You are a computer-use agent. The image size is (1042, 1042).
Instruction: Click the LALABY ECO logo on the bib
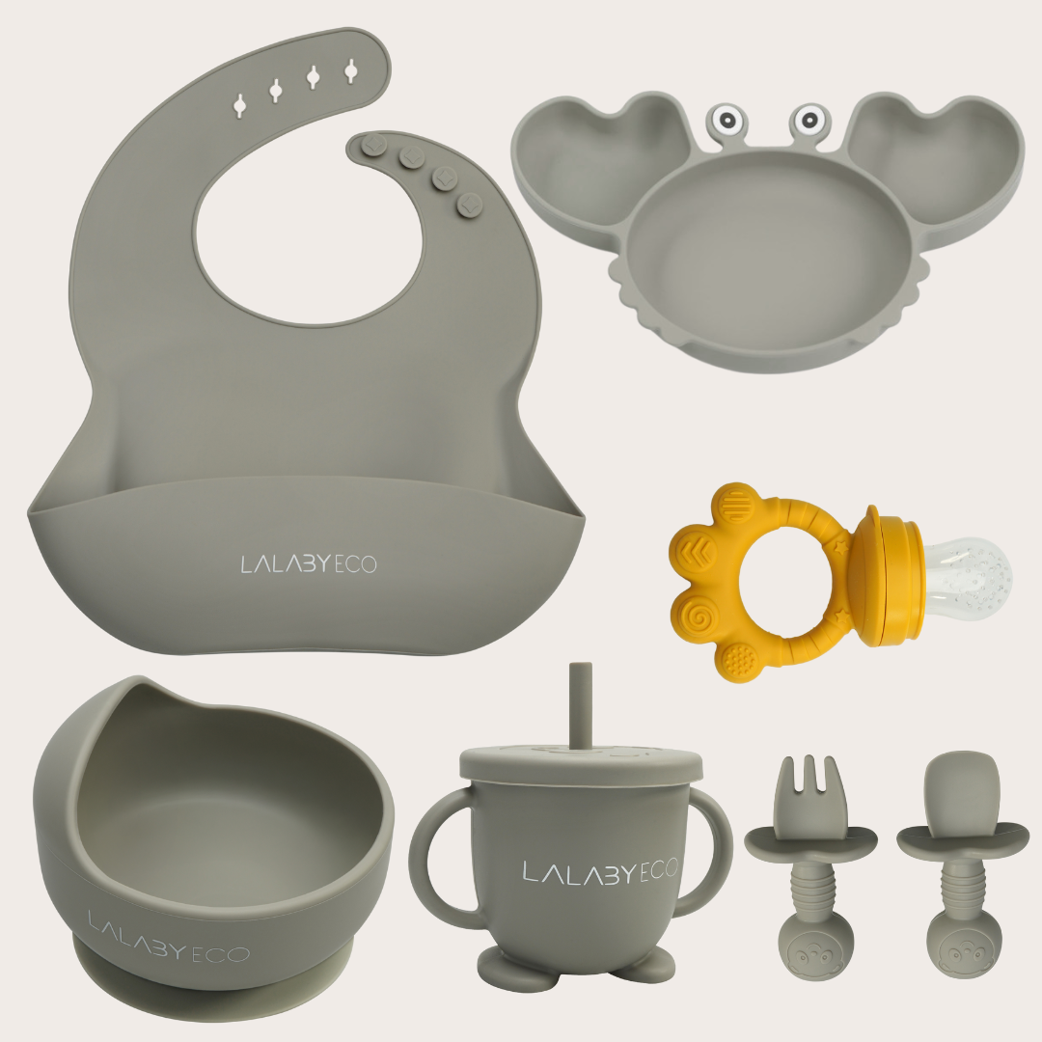pos(309,564)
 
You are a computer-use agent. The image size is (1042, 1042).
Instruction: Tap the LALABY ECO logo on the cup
pos(600,870)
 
